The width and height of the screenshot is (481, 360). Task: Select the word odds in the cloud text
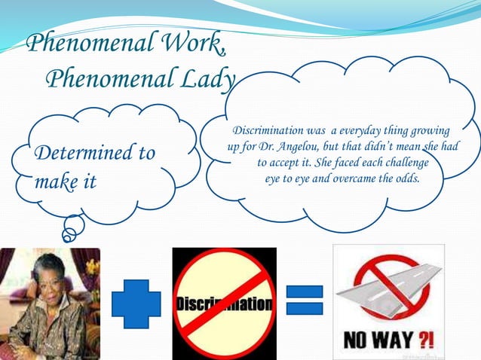tap(405, 178)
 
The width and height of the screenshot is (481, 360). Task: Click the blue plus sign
tap(136, 304)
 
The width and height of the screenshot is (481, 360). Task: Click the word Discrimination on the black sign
tap(224, 305)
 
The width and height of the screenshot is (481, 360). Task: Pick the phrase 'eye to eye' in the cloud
tap(289, 178)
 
